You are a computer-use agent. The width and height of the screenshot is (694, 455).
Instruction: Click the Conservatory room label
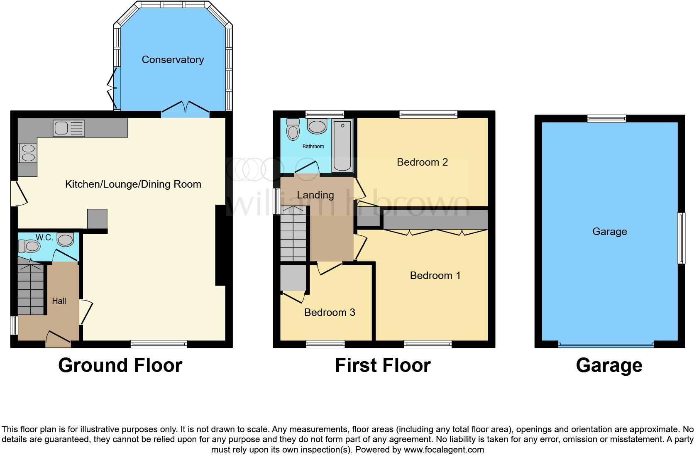(x=173, y=60)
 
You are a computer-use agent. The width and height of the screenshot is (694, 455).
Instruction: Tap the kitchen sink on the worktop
(x=69, y=128)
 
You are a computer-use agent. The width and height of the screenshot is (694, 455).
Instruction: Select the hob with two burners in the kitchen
(x=28, y=153)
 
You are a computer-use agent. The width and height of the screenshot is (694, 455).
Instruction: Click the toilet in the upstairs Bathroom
(x=293, y=130)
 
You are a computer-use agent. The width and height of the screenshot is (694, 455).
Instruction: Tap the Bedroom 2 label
(x=422, y=162)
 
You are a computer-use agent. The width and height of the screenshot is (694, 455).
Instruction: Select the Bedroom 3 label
(x=330, y=313)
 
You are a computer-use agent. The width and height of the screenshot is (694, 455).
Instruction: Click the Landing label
(x=315, y=195)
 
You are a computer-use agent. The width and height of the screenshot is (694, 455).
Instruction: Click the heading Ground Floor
(x=120, y=365)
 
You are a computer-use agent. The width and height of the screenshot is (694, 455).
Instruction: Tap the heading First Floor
(x=382, y=365)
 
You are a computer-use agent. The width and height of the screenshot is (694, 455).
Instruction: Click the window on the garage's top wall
(x=606, y=119)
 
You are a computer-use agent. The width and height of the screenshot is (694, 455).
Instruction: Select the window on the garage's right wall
(x=681, y=238)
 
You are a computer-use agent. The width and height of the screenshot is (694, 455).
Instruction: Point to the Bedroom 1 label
(x=435, y=276)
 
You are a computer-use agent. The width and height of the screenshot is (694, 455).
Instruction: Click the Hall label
(x=59, y=301)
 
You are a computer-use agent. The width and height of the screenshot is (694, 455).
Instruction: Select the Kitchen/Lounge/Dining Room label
(x=133, y=184)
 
